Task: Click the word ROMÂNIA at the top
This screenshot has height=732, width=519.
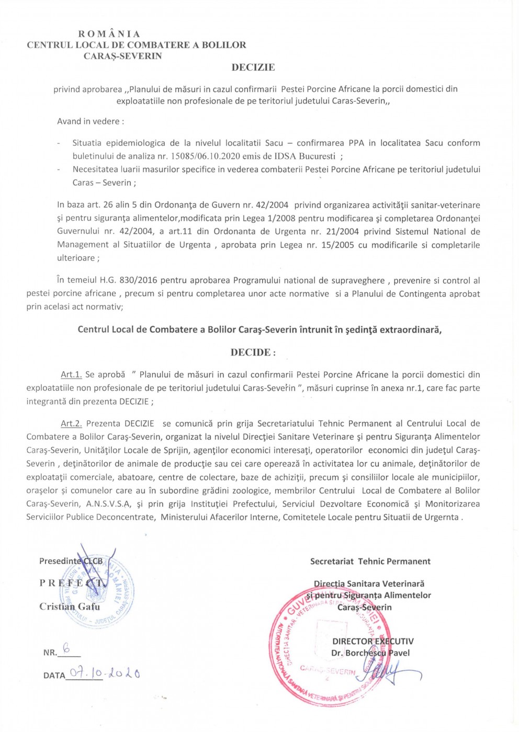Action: [109, 34]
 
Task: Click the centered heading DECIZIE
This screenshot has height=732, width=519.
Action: [253, 67]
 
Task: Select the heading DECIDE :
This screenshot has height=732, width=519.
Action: [253, 352]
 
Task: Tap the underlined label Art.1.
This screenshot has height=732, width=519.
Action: [71, 374]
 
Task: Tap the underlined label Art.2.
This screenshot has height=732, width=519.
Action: [71, 424]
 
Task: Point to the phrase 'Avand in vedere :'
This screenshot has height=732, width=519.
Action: [91, 121]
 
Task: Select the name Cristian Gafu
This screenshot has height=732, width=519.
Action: [70, 607]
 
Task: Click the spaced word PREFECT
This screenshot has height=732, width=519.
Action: [72, 583]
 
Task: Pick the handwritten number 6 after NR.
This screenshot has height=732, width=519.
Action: [66, 649]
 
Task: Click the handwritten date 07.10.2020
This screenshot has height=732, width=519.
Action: [105, 673]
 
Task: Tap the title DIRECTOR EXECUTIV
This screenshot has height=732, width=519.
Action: [373, 641]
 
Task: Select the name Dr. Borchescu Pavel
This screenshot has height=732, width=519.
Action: [370, 653]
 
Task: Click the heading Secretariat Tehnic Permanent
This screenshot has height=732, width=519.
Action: [370, 562]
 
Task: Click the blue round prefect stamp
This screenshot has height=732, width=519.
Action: [105, 591]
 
